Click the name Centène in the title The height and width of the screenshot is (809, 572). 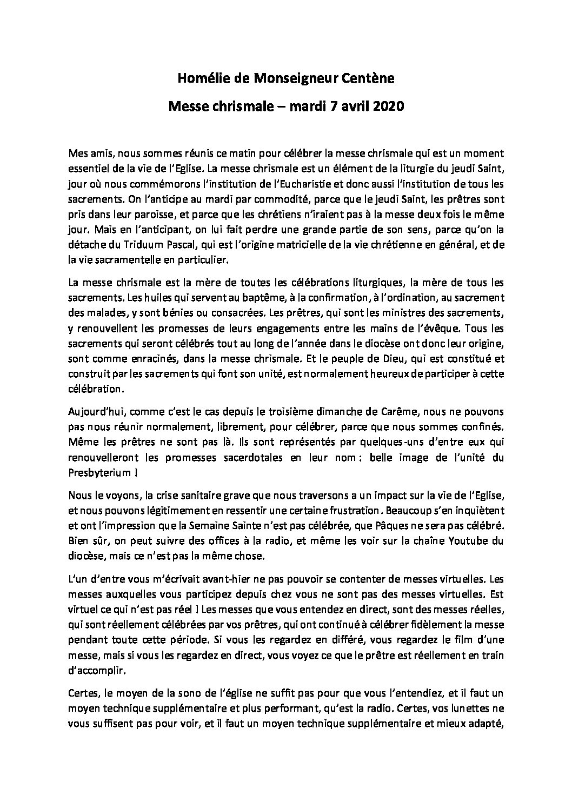coord(368,79)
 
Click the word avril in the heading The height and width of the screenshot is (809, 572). coord(350,106)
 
